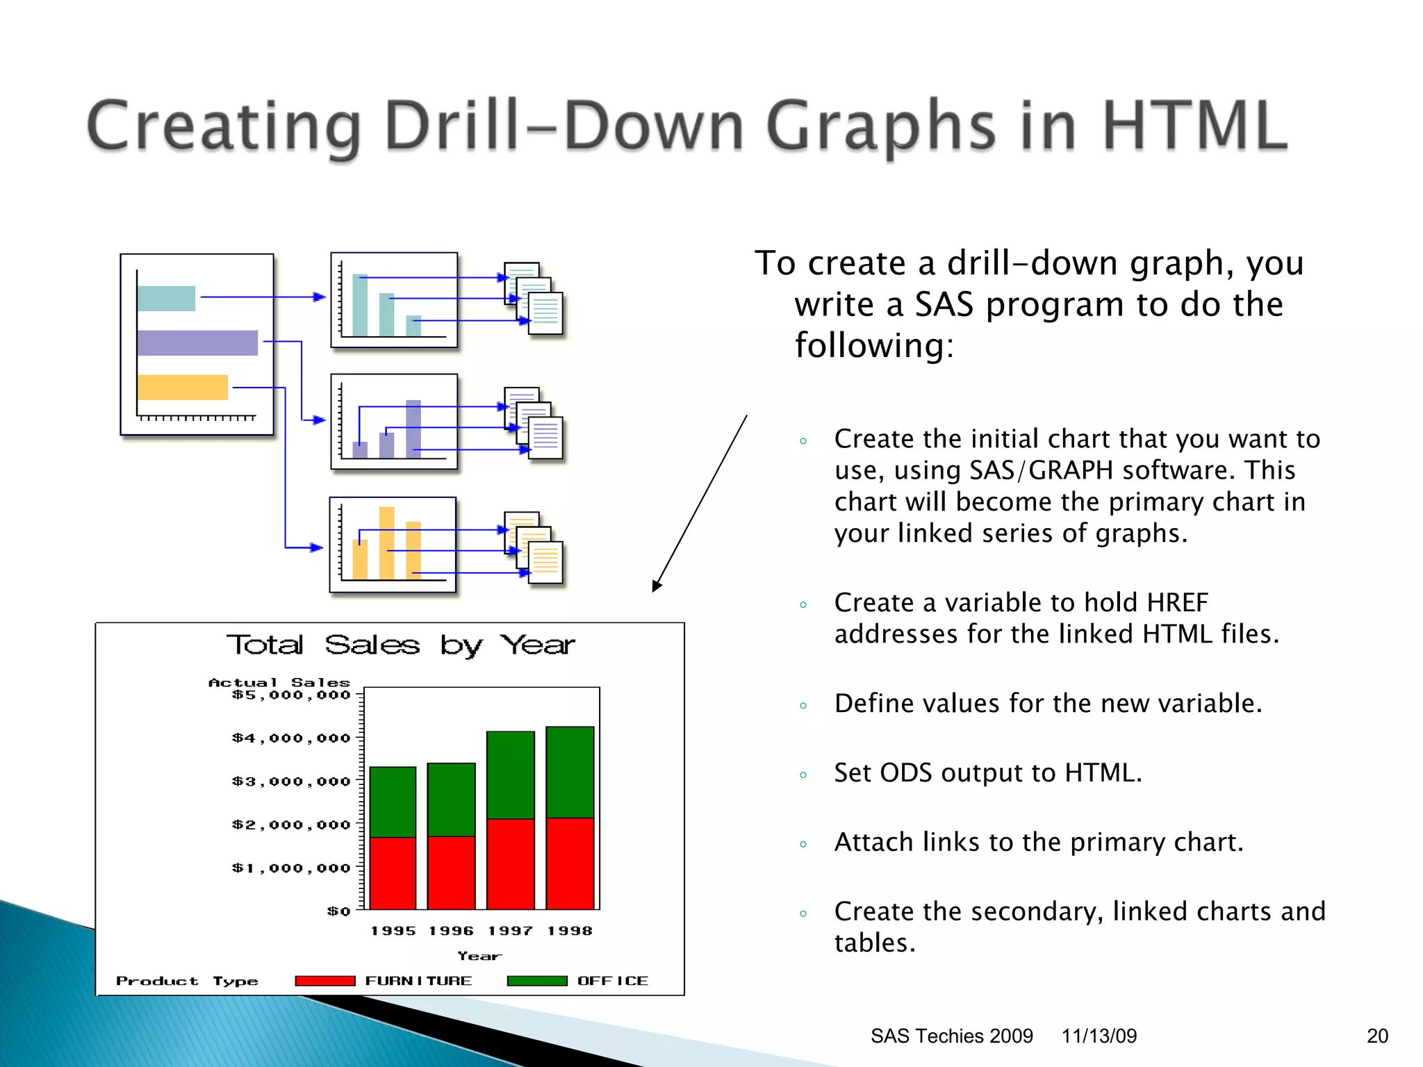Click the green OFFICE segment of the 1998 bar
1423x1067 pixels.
point(570,771)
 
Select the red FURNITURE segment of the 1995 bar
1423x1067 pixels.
point(393,872)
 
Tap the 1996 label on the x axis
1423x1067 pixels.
point(451,931)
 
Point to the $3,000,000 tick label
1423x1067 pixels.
point(291,781)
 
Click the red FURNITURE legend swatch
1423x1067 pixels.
point(325,981)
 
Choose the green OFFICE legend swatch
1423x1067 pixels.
point(537,981)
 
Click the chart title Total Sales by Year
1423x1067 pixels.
point(401,645)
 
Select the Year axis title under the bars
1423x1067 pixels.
point(479,956)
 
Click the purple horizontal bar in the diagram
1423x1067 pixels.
point(197,343)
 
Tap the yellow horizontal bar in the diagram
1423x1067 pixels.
point(183,388)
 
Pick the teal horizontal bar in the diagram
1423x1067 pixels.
point(166,299)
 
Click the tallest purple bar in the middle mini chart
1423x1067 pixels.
point(413,429)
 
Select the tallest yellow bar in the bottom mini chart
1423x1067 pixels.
point(386,542)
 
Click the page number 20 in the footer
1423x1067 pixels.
point(1377,1036)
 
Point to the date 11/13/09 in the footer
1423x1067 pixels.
point(1099,1036)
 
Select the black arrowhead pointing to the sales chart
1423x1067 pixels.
point(657,586)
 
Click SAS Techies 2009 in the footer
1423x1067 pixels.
point(951,1036)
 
